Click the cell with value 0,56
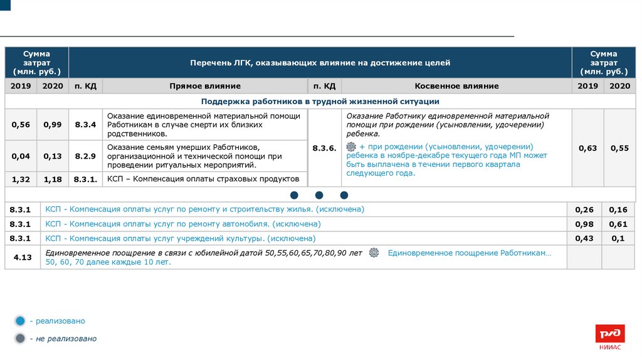point(21,125)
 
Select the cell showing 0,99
point(53,125)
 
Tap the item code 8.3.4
point(85,125)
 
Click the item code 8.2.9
point(85,156)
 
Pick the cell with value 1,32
point(21,179)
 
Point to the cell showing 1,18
point(53,179)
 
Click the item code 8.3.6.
point(325,148)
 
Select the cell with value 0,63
point(587,148)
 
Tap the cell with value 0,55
point(619,148)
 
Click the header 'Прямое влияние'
point(204,86)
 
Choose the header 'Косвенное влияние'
point(456,86)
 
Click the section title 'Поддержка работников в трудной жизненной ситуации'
point(320,101)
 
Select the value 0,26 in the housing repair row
point(584,209)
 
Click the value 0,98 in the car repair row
point(584,224)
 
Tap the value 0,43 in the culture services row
point(584,238)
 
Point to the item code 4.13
point(23,257)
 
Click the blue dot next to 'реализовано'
point(20,321)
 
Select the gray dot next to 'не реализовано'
point(20,339)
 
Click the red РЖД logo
point(610,334)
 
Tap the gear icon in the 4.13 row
point(374,253)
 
